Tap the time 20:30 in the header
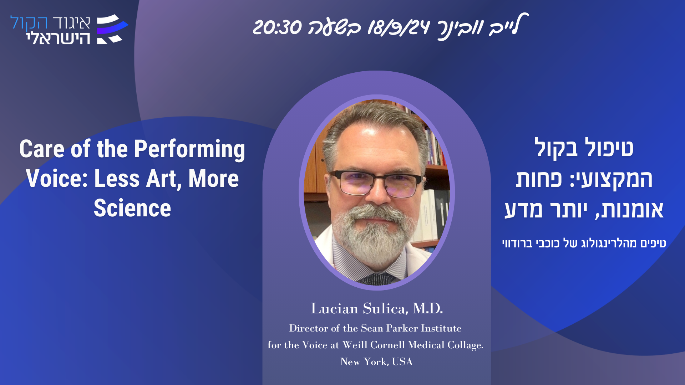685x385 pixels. click(277, 27)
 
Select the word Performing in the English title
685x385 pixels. click(189, 149)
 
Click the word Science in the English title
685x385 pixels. click(132, 208)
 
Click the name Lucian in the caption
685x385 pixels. click(335, 308)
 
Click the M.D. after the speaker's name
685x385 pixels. click(428, 308)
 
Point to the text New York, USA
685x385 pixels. click(376, 361)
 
